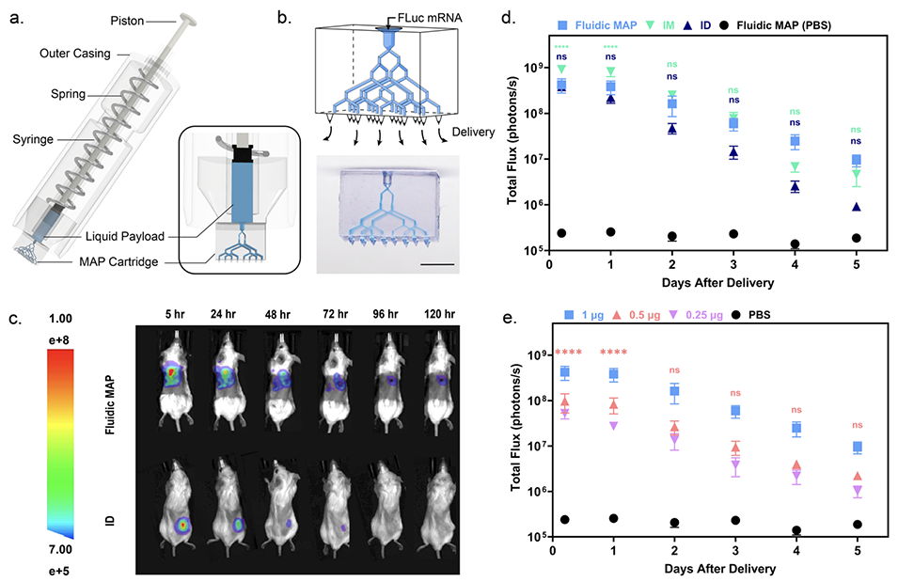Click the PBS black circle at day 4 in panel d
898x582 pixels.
[795, 244]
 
